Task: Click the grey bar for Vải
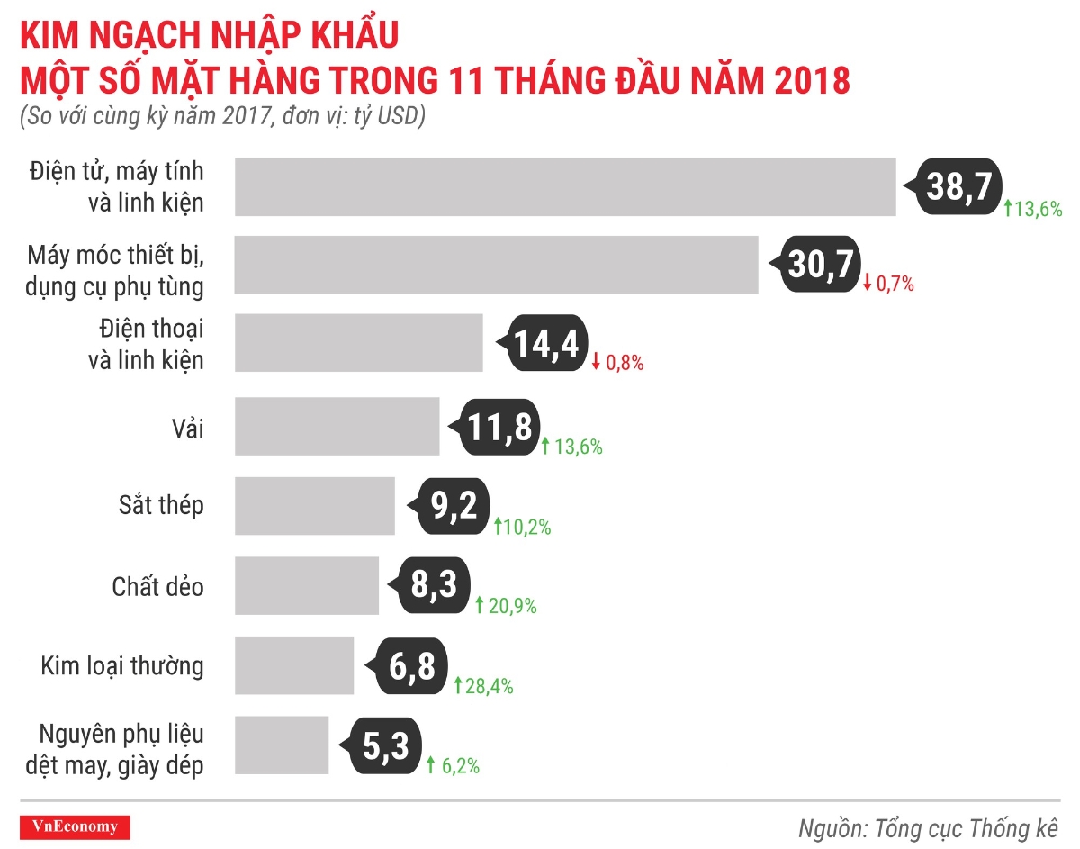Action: pyautogui.click(x=337, y=427)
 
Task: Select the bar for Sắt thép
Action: pyautogui.click(x=314, y=506)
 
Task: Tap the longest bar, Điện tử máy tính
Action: pyautogui.click(x=564, y=187)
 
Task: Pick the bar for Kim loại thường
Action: pyautogui.click(x=294, y=665)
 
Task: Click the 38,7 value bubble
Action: pyautogui.click(x=957, y=187)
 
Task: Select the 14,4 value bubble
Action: pyautogui.click(x=544, y=344)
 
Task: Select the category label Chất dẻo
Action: pyautogui.click(x=158, y=587)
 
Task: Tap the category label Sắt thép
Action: pyautogui.click(x=161, y=506)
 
